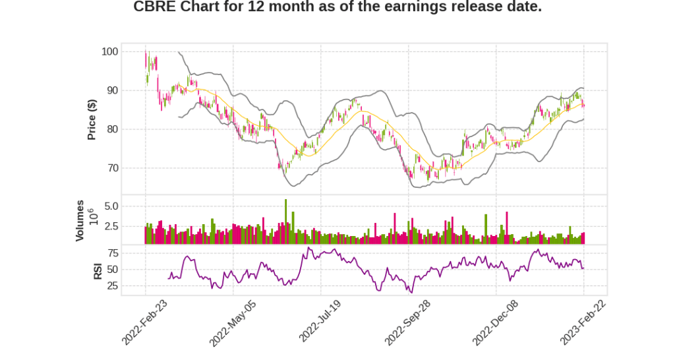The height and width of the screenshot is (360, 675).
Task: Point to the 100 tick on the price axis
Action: [x=110, y=51]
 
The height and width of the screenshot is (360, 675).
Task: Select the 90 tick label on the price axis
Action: [x=113, y=90]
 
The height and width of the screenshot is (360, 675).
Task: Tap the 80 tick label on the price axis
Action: [x=113, y=129]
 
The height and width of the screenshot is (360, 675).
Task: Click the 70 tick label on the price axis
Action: [x=113, y=168]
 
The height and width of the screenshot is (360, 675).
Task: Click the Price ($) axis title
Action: [x=92, y=119]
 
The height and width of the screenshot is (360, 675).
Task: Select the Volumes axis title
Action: [x=80, y=220]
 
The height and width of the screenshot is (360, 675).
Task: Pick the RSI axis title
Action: [x=98, y=270]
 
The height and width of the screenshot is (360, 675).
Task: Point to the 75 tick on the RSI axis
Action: [x=113, y=253]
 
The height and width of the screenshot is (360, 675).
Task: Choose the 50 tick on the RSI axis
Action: [x=113, y=270]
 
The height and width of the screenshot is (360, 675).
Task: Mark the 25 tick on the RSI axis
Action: [x=113, y=286]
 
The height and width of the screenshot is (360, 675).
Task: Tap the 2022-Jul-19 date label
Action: [x=321, y=321]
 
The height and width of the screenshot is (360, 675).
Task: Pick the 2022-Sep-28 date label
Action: [x=409, y=321]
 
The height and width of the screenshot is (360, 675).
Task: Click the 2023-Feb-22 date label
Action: [x=584, y=321]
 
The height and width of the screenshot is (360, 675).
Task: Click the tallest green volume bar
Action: [x=286, y=222]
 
